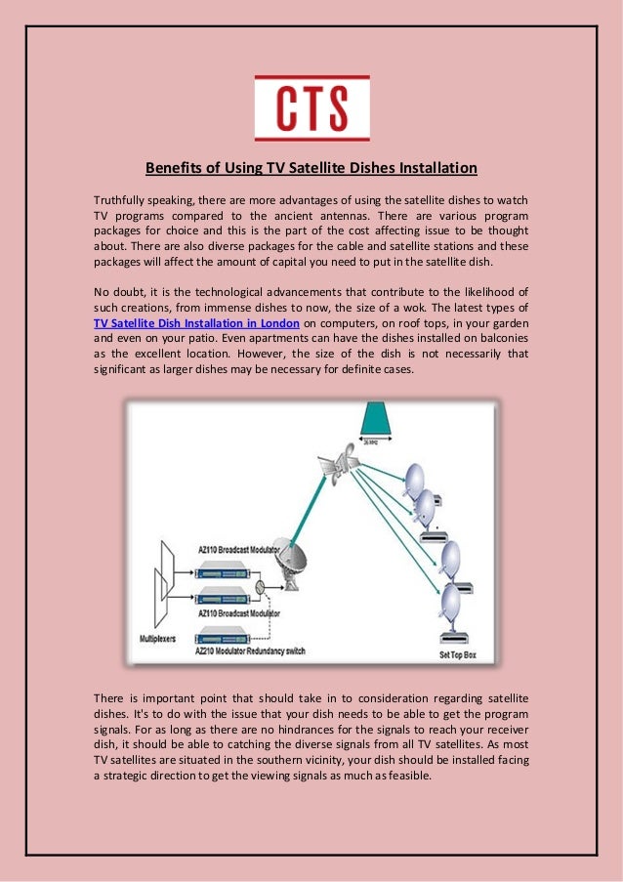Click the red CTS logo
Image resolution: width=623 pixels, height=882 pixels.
point(311,108)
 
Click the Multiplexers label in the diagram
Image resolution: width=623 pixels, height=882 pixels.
point(161,638)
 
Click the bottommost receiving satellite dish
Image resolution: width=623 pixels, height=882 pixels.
point(451,600)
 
